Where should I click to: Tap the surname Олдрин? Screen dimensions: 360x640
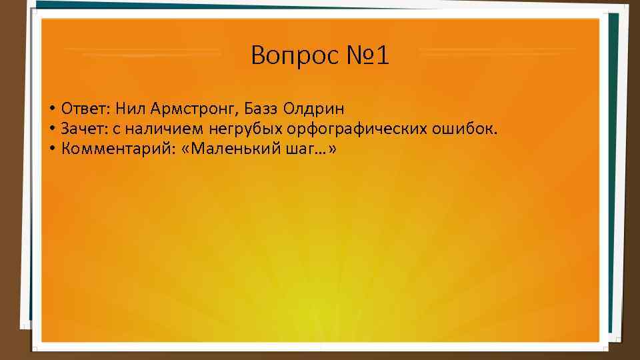pyautogui.click(x=313, y=108)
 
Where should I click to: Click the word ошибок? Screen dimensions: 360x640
pyautogui.click(x=469, y=128)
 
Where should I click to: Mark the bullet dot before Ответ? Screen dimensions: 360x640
pyautogui.click(x=51, y=109)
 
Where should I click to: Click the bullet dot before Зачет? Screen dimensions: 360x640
pyautogui.click(x=51, y=129)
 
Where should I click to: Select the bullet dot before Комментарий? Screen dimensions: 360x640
pyautogui.click(x=51, y=149)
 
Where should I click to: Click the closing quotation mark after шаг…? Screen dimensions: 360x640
pyautogui.click(x=332, y=149)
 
